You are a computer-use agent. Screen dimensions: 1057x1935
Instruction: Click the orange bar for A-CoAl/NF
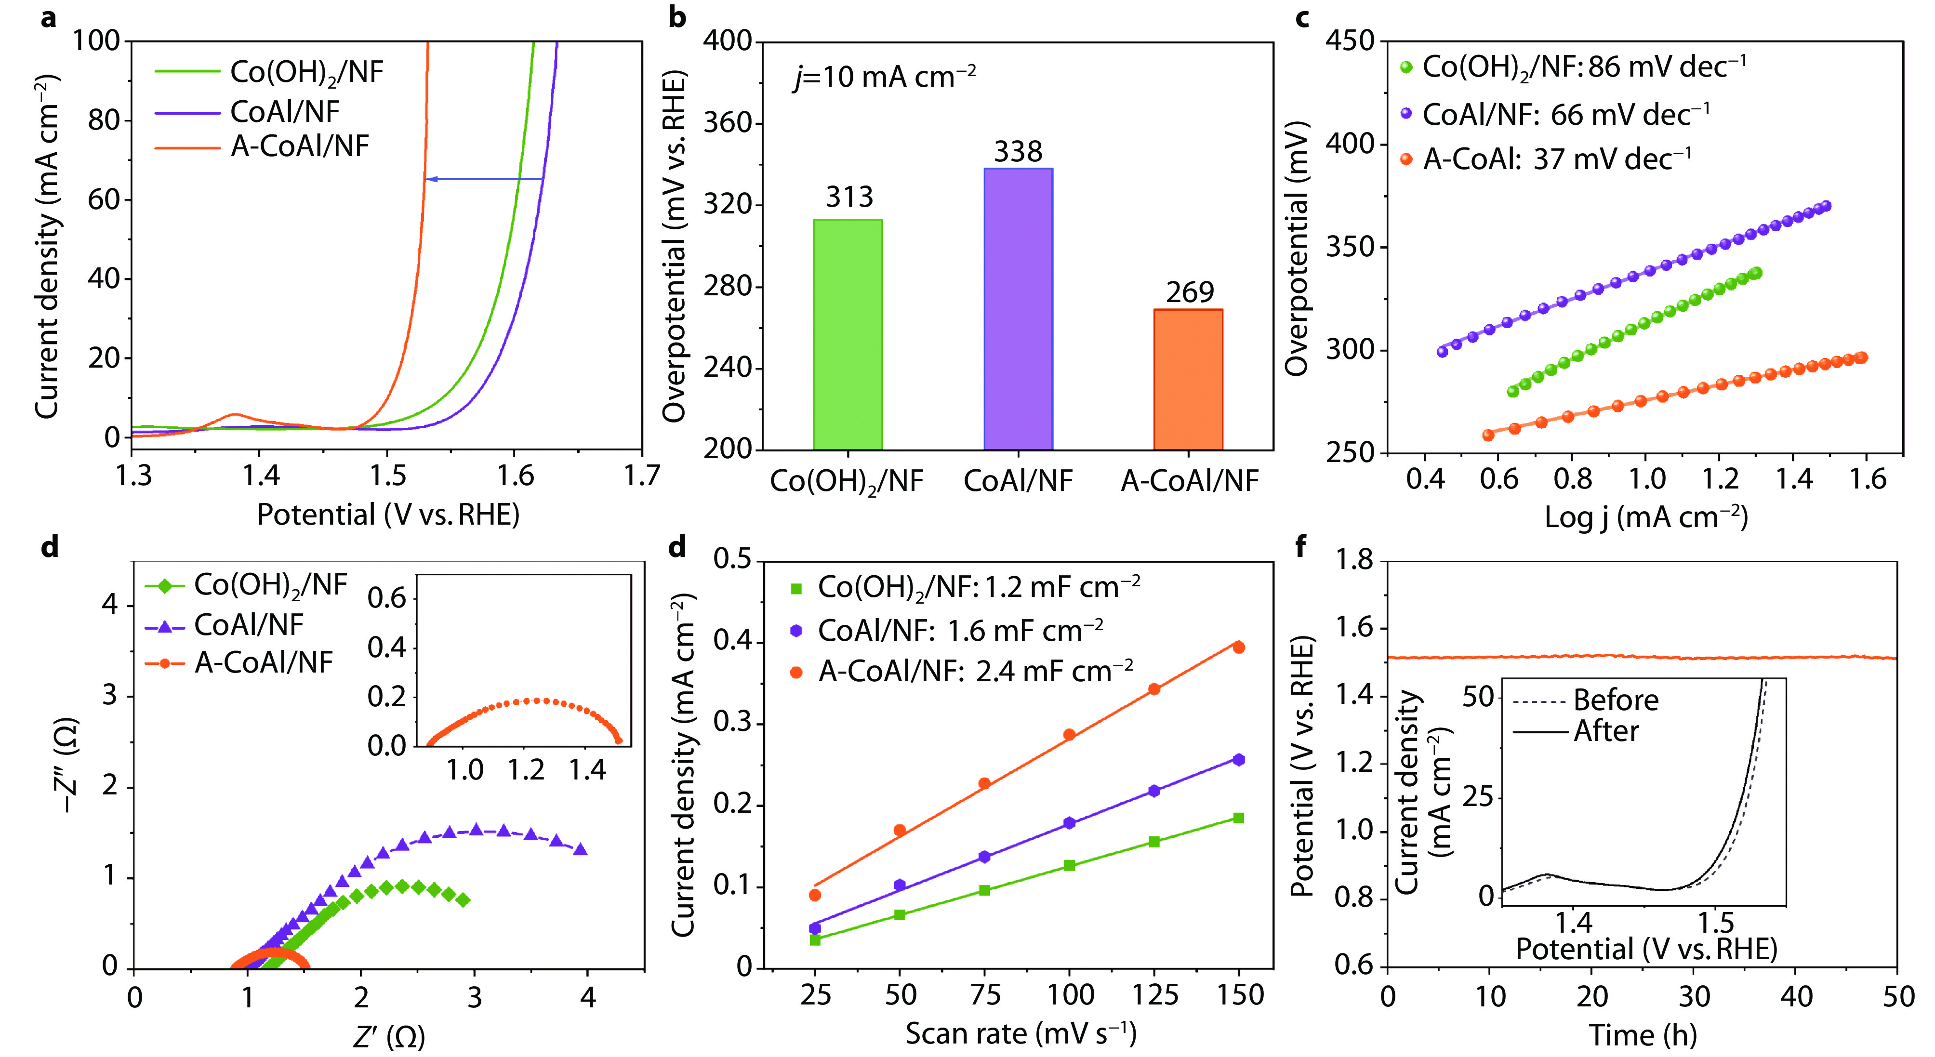click(1188, 379)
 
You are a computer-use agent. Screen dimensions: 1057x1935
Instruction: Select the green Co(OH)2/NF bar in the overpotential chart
click(848, 335)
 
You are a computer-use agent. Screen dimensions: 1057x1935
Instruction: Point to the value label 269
click(1189, 292)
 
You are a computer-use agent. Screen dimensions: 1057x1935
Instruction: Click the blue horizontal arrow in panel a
click(485, 179)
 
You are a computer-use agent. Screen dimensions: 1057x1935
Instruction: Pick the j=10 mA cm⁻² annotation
click(885, 77)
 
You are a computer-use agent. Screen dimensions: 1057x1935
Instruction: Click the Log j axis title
click(1645, 517)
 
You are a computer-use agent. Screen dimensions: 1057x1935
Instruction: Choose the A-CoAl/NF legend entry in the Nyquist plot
click(263, 662)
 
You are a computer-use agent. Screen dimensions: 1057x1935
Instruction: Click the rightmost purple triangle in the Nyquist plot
click(580, 850)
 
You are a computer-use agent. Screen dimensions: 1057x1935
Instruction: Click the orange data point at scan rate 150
click(1239, 647)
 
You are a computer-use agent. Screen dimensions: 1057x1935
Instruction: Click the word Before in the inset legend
click(1616, 700)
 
